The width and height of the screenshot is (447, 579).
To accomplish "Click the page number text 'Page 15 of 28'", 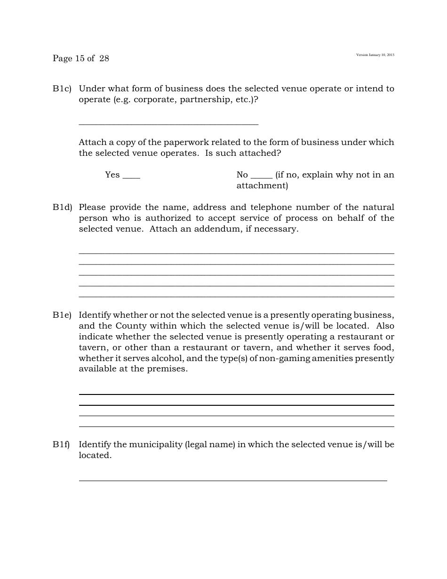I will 81,58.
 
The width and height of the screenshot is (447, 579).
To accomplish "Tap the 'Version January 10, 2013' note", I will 375,55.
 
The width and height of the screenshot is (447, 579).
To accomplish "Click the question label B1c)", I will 62,88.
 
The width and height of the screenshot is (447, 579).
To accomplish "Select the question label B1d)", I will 62,207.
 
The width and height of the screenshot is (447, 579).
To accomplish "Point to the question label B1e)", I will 62,315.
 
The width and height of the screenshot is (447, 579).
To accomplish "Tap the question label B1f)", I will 61,444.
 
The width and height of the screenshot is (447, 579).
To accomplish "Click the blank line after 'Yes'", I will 131,177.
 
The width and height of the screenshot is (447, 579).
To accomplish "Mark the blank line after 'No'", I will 262,177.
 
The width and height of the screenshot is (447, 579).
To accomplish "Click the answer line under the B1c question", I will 168,124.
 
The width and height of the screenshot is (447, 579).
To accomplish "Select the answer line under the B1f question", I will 233,480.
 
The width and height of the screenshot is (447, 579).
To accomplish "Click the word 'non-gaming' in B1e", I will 271,358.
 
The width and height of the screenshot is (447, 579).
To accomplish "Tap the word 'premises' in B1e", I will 168,369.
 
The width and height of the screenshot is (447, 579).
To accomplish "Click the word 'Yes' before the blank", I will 112,175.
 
